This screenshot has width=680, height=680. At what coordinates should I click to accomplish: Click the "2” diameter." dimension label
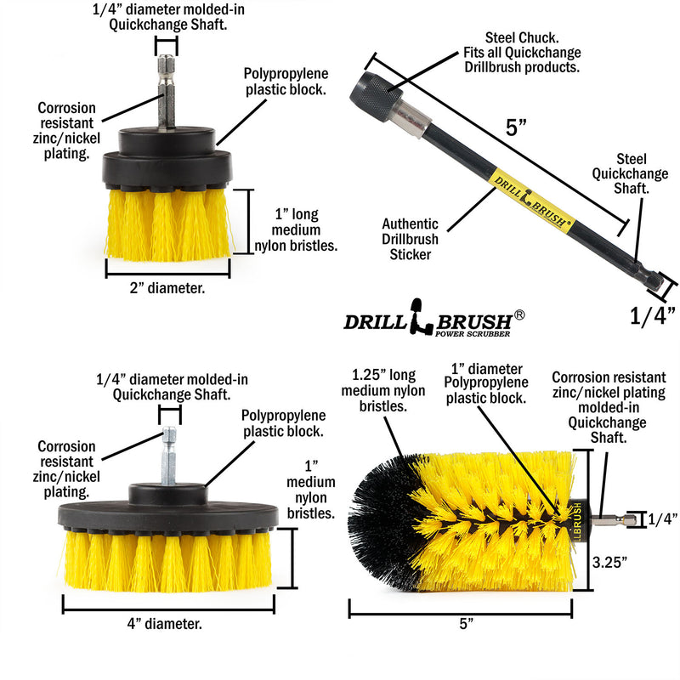pos(168,288)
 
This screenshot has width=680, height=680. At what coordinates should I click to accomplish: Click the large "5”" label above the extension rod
pos(517,128)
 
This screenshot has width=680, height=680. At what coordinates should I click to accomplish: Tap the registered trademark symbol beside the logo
pos(519,314)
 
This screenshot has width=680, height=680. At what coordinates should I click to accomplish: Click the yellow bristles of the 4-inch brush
pos(168,560)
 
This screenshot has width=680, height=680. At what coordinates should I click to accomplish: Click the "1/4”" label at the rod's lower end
pos(653,316)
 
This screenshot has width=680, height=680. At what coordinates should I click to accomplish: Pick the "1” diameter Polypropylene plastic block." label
pos(489,384)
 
